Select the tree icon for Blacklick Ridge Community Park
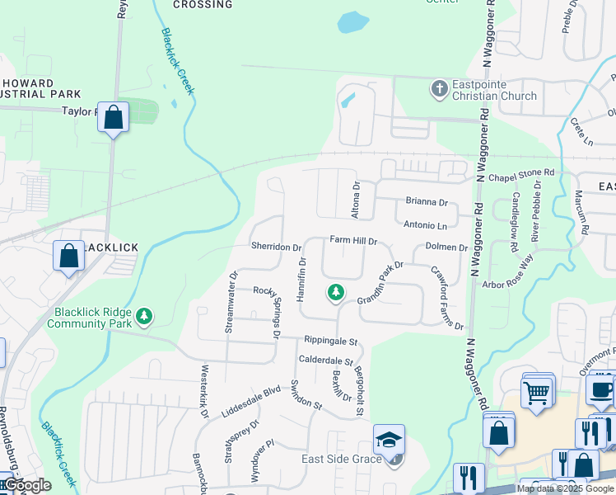[144, 316]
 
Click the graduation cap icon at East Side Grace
[389, 440]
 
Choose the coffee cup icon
[601, 389]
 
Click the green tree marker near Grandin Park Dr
[335, 291]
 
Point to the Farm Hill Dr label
[353, 241]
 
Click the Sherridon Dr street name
[276, 247]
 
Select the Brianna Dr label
[427, 201]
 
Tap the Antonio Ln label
[426, 224]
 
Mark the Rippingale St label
[330, 341]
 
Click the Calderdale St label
[325, 361]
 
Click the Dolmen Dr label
[446, 247]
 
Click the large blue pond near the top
[352, 21]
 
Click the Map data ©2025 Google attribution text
[566, 488]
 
